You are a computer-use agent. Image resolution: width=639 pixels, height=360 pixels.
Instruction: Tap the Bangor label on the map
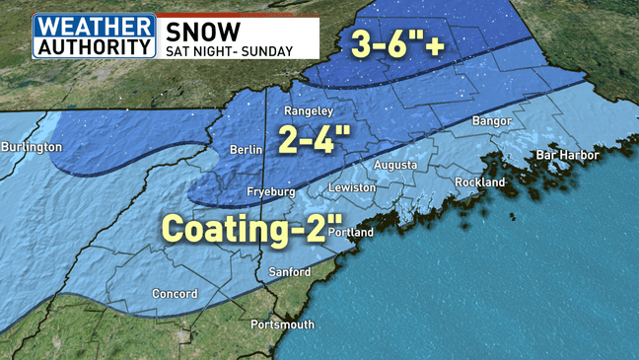pyautogui.click(x=494, y=120)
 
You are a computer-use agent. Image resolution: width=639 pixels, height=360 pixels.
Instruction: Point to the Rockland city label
pyautogui.click(x=480, y=182)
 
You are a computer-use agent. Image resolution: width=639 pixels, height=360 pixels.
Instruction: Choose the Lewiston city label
pyautogui.click(x=352, y=187)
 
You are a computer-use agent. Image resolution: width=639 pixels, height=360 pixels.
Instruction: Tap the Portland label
pyautogui.click(x=350, y=233)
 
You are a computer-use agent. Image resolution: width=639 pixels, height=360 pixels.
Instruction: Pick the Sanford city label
pyautogui.click(x=290, y=272)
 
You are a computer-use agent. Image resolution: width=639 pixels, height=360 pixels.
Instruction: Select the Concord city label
pyautogui.click(x=175, y=294)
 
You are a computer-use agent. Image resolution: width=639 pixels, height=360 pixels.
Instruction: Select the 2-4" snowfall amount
pyautogui.click(x=313, y=138)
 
